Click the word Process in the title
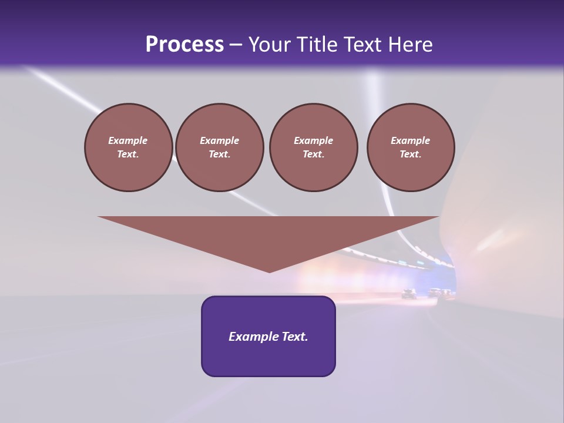(x=184, y=45)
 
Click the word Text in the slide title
(x=362, y=45)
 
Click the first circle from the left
(x=128, y=147)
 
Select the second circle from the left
(x=219, y=147)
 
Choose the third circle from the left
(x=313, y=147)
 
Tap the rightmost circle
(x=410, y=147)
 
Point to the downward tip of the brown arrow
(x=269, y=271)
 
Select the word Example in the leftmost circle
(x=128, y=141)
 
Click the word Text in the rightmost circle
(x=410, y=155)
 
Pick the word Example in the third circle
(x=313, y=141)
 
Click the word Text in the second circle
(x=219, y=155)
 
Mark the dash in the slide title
(x=236, y=45)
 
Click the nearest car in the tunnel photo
(x=409, y=294)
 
